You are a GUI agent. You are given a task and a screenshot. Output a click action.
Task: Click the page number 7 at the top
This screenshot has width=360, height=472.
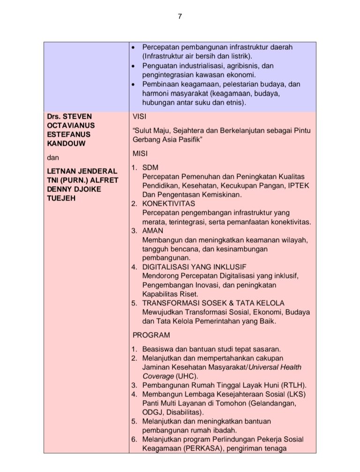[x=180, y=17]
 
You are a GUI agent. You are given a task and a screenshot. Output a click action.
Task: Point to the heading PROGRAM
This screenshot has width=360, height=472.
[x=151, y=335]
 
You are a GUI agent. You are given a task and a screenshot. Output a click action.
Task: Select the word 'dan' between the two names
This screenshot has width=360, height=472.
[x=53, y=159]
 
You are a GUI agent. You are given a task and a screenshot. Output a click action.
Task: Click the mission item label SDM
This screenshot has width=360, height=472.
[x=150, y=167]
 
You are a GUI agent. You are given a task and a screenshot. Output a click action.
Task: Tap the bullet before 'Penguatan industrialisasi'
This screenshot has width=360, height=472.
[x=134, y=66]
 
